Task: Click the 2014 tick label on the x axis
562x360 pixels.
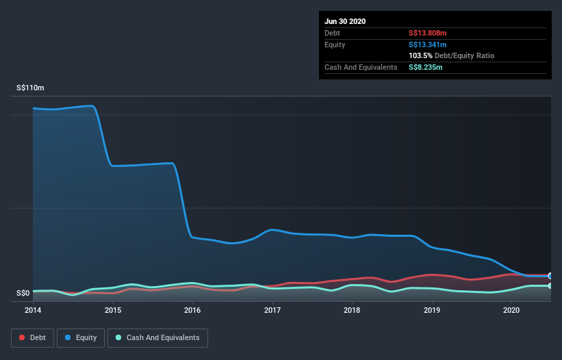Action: click(x=33, y=310)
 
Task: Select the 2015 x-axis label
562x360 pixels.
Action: click(x=113, y=310)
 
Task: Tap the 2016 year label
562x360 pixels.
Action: click(x=192, y=310)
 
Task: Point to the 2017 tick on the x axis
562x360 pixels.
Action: click(x=272, y=310)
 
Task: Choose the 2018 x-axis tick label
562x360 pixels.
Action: click(x=352, y=310)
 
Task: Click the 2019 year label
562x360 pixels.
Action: click(x=432, y=310)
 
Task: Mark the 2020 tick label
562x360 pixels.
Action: click(x=511, y=310)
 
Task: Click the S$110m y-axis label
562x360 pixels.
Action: click(x=30, y=88)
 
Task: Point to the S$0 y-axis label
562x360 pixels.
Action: click(x=23, y=294)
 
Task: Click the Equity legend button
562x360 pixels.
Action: click(x=81, y=337)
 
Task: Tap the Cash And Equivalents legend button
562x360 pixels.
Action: click(x=157, y=337)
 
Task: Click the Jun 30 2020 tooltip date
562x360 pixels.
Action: click(x=345, y=21)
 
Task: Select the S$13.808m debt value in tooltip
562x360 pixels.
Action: click(x=428, y=33)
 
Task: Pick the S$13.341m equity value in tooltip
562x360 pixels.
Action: click(x=428, y=44)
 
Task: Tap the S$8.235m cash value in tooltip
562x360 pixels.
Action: click(x=426, y=67)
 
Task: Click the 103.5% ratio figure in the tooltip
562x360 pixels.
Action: click(x=422, y=55)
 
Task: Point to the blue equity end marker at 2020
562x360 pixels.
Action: click(x=550, y=276)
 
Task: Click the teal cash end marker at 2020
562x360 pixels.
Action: click(x=550, y=285)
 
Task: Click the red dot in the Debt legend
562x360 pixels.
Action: click(x=23, y=337)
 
